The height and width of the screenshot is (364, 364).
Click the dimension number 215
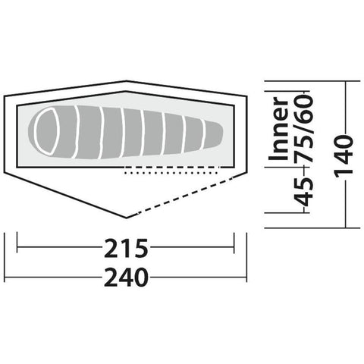click(x=126, y=248)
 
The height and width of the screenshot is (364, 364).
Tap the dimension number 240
click(x=126, y=278)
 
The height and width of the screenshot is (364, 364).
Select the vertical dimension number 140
click(x=344, y=155)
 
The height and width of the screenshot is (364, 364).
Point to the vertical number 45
click(x=304, y=191)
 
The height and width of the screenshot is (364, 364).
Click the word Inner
click(x=279, y=129)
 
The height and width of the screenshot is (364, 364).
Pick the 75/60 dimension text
click(x=303, y=128)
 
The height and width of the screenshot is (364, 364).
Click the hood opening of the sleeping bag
click(x=47, y=130)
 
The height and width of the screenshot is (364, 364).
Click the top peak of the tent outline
click(x=127, y=81)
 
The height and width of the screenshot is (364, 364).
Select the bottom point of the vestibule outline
click(x=127, y=218)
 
